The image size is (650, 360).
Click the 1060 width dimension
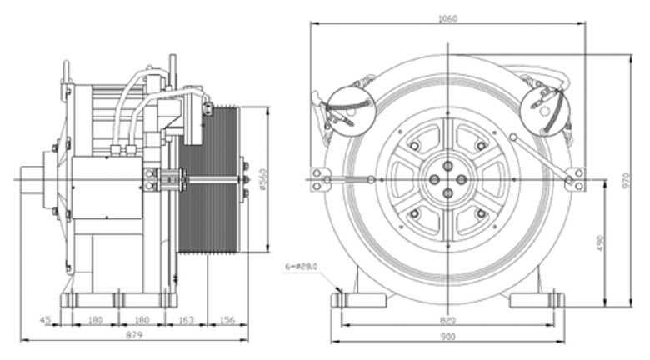[x=447, y=18]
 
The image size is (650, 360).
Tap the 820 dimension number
[x=447, y=320]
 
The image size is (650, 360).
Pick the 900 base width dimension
[x=447, y=337]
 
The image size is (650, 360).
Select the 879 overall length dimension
[x=133, y=335]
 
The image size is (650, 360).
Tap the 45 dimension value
[x=45, y=318]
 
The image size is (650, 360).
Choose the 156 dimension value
[x=226, y=318]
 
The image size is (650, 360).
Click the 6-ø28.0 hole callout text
[x=302, y=267]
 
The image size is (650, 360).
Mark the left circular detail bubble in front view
[x=351, y=110]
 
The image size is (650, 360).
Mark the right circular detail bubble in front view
[x=544, y=110]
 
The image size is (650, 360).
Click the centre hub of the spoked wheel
[x=447, y=179]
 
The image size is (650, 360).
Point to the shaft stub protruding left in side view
[x=33, y=179]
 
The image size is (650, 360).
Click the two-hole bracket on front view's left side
[x=317, y=179]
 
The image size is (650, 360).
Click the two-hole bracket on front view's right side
[x=575, y=179]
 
